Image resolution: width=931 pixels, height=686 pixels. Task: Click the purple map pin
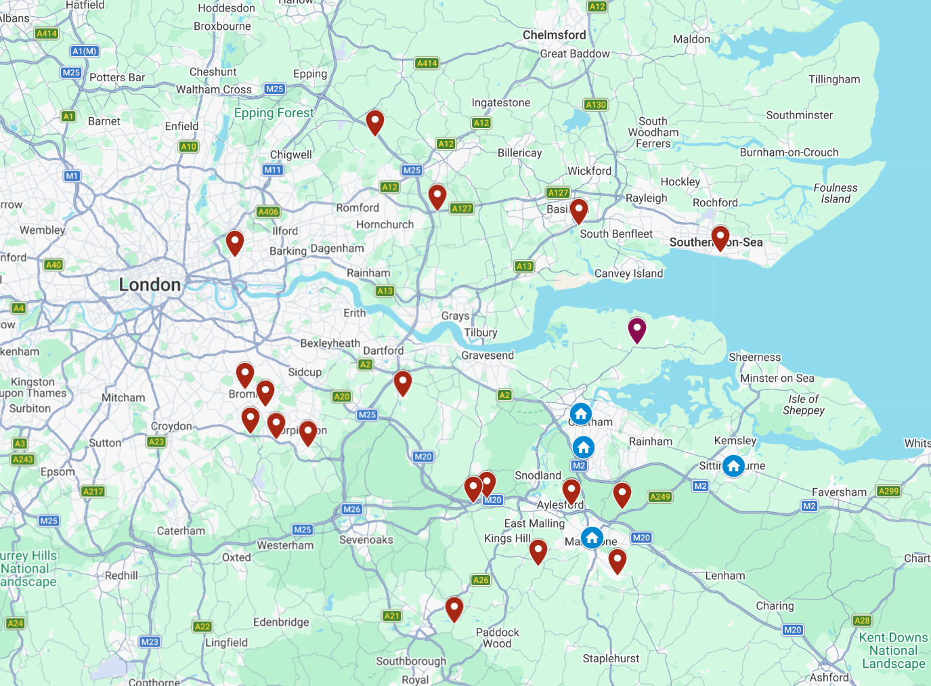[636, 329]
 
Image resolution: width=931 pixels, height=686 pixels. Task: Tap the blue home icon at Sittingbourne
[733, 466]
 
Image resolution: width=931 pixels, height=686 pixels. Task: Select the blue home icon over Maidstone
[592, 538]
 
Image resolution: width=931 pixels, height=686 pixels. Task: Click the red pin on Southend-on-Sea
[720, 238]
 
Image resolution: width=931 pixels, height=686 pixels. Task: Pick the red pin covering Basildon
[578, 210]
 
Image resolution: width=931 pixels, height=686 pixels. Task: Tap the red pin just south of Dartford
[403, 382]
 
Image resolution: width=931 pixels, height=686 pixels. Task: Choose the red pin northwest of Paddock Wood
[454, 608]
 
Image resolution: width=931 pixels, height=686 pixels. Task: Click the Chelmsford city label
[554, 35]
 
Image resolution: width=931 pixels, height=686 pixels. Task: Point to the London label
[150, 285]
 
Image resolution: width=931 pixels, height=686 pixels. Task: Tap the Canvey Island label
[628, 274]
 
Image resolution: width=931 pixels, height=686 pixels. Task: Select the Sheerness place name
[754, 358]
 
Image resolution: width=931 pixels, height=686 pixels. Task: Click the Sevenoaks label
[366, 540]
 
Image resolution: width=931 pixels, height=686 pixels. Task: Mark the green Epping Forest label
[274, 113]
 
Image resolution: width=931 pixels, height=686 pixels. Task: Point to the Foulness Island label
[835, 194]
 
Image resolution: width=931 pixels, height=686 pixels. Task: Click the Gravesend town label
[488, 356]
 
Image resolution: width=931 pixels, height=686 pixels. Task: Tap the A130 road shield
[596, 105]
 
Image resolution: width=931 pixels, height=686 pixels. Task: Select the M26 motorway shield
[351, 509]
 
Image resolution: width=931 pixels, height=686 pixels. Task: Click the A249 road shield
[659, 497]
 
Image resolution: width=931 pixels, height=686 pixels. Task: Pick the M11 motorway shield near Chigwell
[273, 170]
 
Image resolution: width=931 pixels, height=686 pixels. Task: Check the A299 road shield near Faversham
[888, 491]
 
